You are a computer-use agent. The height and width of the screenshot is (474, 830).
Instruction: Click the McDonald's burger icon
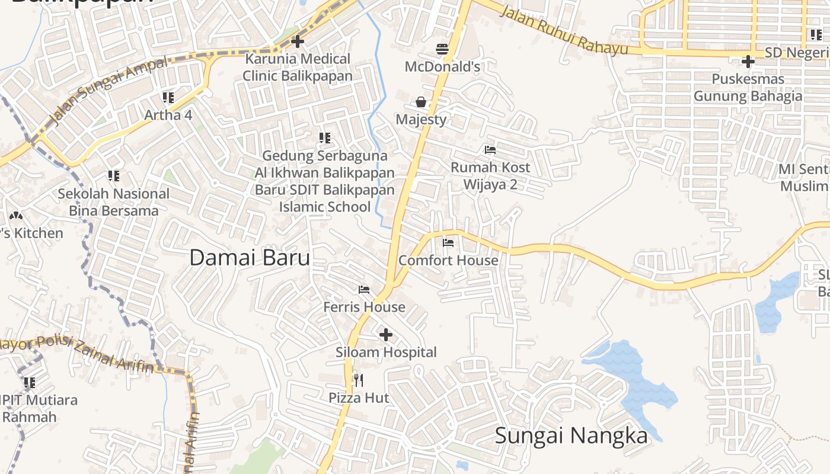tap(442, 49)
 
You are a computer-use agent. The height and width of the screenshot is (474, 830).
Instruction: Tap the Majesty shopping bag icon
tap(421, 102)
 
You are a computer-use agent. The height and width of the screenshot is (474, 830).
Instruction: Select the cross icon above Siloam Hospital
tap(386, 335)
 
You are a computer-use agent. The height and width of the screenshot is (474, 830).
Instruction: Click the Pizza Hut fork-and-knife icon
tap(358, 380)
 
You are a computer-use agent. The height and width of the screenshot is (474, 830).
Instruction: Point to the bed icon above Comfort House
tap(448, 242)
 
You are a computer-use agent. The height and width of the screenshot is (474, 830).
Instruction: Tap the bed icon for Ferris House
tap(364, 289)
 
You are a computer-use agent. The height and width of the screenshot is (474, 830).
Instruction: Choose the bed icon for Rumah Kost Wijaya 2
tap(490, 149)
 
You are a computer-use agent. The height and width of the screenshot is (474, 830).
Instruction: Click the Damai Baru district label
tap(250, 258)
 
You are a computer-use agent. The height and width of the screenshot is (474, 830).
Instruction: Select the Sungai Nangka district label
tap(571, 435)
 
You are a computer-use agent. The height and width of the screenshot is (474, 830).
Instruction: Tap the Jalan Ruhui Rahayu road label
tap(563, 30)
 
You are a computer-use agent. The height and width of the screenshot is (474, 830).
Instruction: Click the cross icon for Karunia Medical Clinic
tap(298, 41)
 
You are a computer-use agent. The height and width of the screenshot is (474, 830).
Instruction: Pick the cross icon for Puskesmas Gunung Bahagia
tap(748, 61)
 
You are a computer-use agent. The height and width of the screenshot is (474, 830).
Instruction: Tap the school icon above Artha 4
tap(168, 97)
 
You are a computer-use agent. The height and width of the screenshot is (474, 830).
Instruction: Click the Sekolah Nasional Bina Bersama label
tap(113, 202)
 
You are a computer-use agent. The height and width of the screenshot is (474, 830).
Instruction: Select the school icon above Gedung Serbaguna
tap(325, 138)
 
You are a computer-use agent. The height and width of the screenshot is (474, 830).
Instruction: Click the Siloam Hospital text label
tap(386, 352)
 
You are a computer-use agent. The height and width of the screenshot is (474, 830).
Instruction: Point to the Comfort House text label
tap(448, 260)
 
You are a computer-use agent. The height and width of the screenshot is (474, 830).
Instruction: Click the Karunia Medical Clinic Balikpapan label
tap(298, 67)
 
